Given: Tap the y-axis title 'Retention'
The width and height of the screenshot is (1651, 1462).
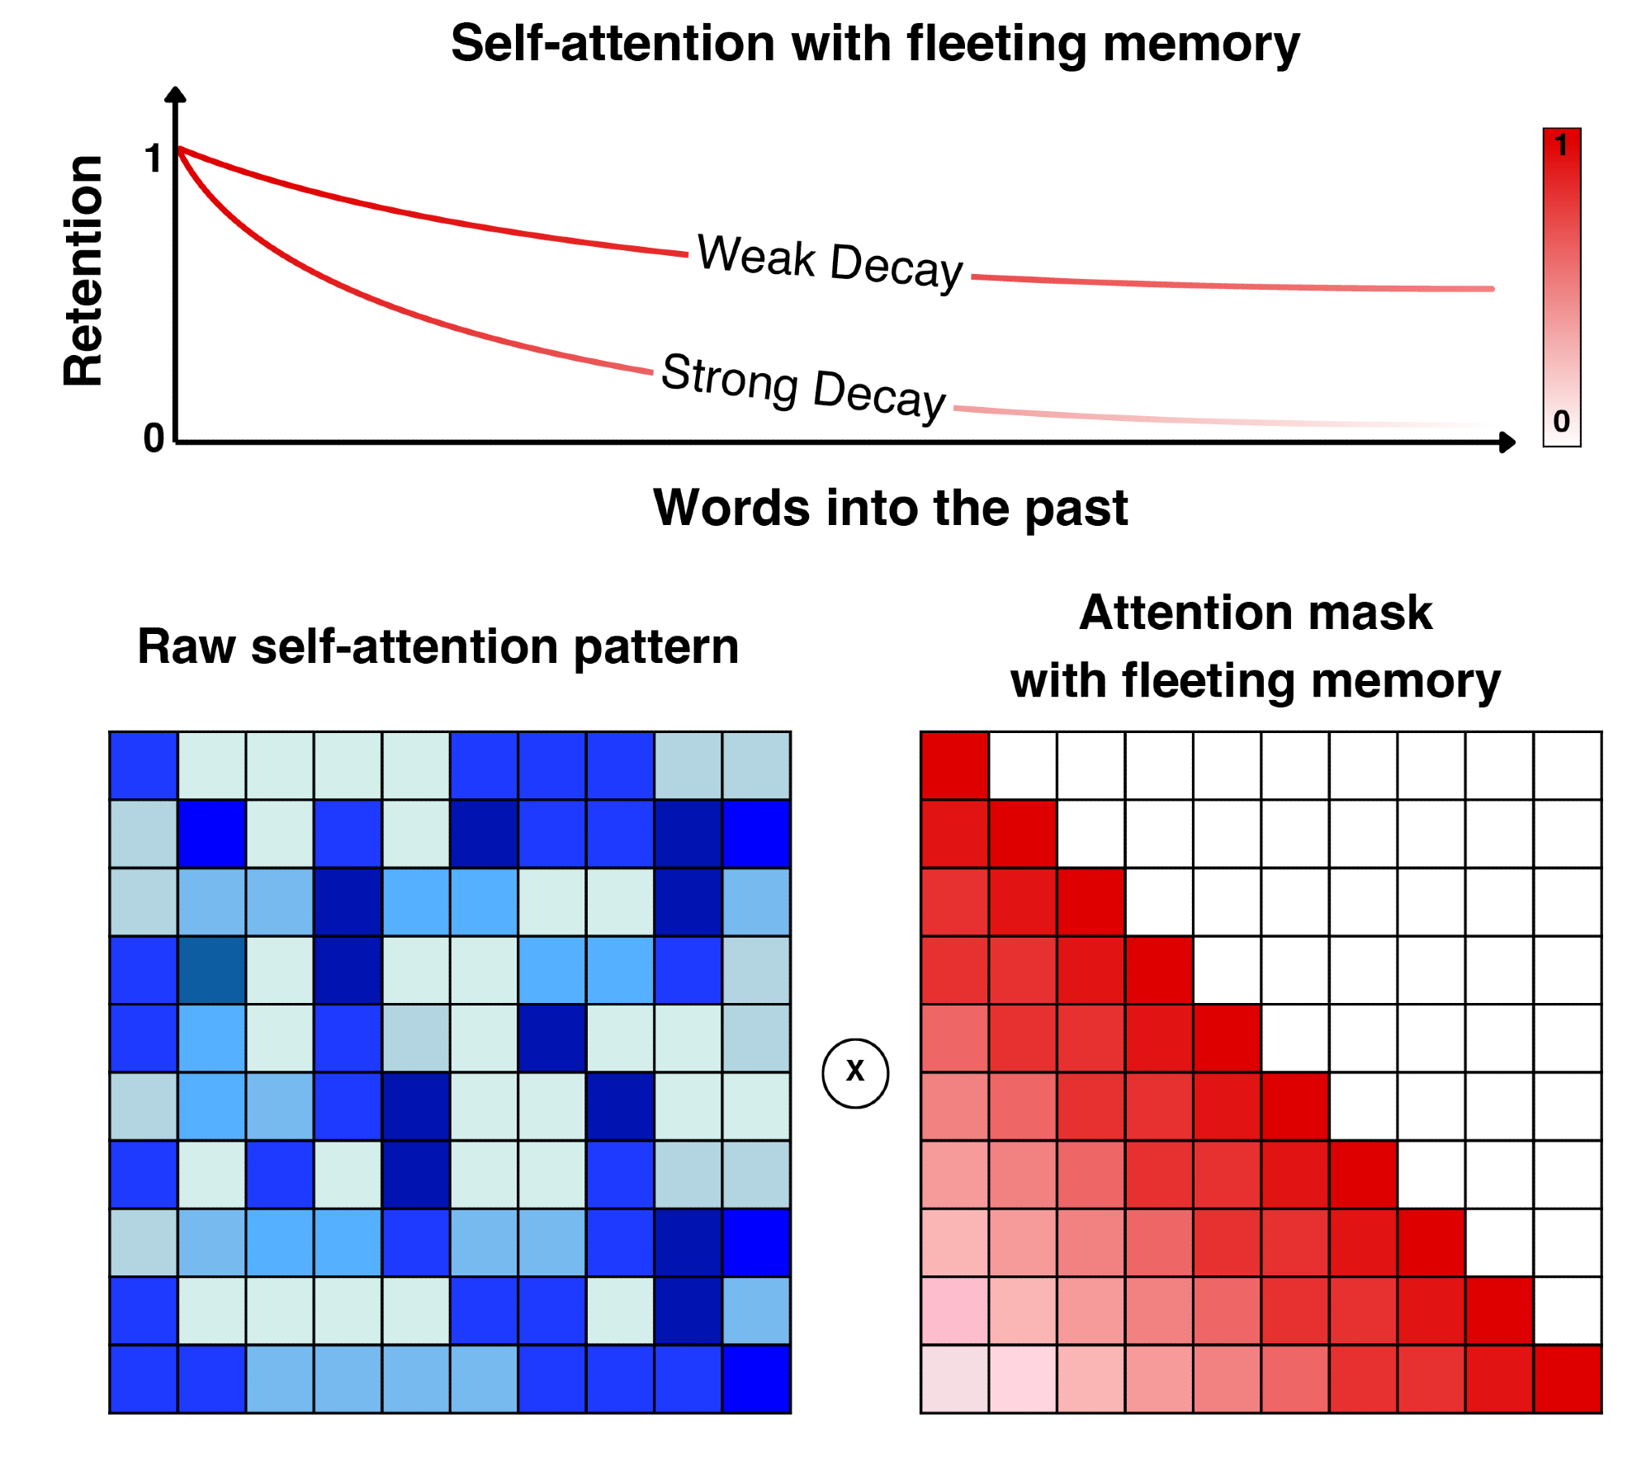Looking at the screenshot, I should tap(83, 271).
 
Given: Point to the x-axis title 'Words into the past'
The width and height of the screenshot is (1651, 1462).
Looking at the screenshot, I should tap(890, 507).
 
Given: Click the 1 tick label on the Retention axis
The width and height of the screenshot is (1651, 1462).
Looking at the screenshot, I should tap(153, 159).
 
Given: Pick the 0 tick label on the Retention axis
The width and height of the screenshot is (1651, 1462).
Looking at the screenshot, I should tap(154, 438).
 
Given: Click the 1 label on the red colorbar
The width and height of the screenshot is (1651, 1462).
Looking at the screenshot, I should tap(1560, 146).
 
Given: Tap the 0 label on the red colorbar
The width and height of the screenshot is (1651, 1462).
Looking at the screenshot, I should tap(1561, 422).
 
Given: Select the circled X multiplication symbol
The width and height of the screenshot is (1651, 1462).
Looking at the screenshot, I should tap(855, 1072).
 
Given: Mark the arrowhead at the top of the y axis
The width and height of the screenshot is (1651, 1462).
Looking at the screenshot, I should tap(175, 94).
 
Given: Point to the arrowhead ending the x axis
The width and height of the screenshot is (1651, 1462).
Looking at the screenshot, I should tap(1508, 442).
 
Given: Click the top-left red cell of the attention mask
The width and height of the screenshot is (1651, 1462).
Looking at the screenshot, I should tap(954, 765).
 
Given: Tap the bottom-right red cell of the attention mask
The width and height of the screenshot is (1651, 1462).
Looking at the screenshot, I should tap(1567, 1379).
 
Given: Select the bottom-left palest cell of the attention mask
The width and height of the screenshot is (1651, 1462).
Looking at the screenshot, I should tap(954, 1379).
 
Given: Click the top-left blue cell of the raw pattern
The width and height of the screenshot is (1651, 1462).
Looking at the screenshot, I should tap(144, 765).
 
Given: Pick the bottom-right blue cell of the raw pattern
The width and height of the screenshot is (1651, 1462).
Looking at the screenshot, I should tap(756, 1379).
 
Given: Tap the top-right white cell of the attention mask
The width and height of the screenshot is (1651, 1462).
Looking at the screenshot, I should tap(1567, 765).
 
